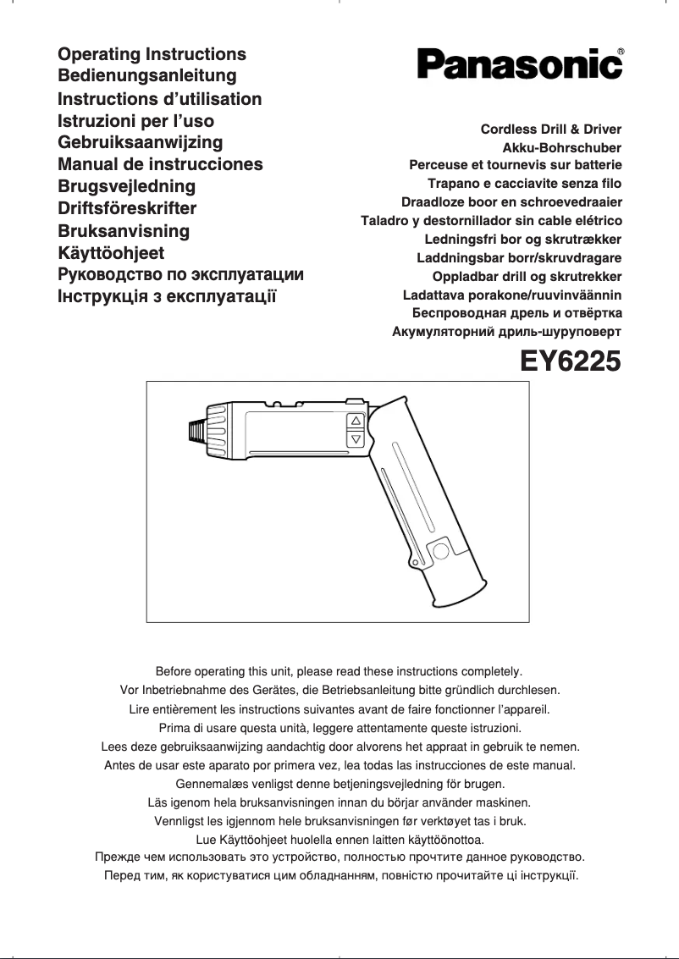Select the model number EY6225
570,361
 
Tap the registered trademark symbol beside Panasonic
621,52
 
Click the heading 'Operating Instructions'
152,54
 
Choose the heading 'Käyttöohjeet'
111,252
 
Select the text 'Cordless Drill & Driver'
550,130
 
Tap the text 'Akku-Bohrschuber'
574,148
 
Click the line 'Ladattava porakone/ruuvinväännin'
512,295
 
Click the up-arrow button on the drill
356,421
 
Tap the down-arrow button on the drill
356,439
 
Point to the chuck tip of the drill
195,431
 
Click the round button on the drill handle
440,553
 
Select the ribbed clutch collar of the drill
219,431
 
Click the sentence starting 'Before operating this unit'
339,671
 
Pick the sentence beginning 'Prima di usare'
339,728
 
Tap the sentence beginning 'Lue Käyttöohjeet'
339,840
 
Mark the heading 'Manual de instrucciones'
160,164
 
